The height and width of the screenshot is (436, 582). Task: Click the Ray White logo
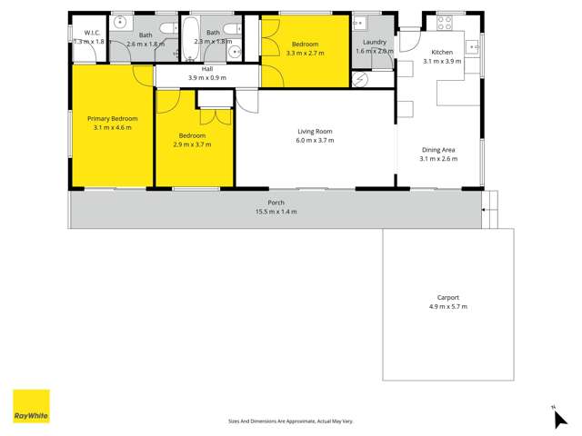click(31, 406)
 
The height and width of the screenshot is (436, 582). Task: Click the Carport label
click(447, 297)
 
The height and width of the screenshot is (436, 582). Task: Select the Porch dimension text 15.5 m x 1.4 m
click(276, 212)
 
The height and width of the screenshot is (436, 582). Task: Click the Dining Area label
click(439, 149)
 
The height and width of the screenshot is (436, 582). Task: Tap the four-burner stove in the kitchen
click(446, 23)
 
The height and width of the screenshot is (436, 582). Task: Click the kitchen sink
click(473, 46)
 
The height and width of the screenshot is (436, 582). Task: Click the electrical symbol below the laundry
click(361, 80)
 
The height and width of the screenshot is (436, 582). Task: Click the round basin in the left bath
click(120, 25)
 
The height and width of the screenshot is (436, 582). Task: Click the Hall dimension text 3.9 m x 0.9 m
click(206, 78)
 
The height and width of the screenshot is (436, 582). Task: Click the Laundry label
click(375, 42)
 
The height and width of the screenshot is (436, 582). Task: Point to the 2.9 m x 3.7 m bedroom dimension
click(193, 144)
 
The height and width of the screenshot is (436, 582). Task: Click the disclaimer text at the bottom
click(290, 421)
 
